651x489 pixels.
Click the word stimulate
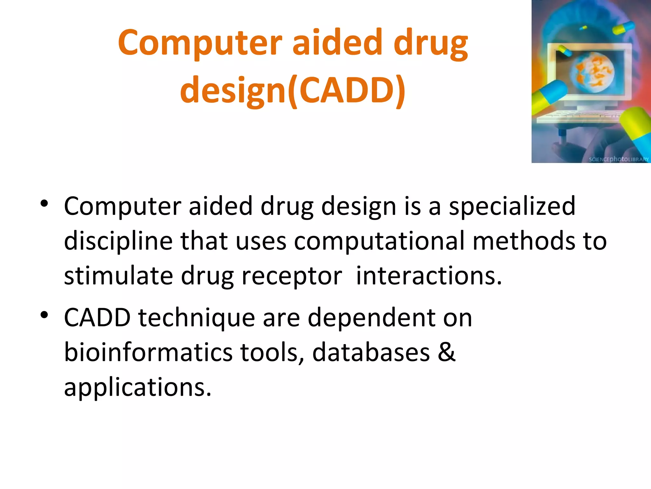tap(118, 276)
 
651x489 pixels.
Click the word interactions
tap(428, 276)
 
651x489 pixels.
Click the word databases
tap(371, 352)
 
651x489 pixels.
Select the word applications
tap(137, 388)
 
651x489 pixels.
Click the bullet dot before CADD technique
tap(44, 315)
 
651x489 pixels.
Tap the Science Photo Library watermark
tap(619, 159)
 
